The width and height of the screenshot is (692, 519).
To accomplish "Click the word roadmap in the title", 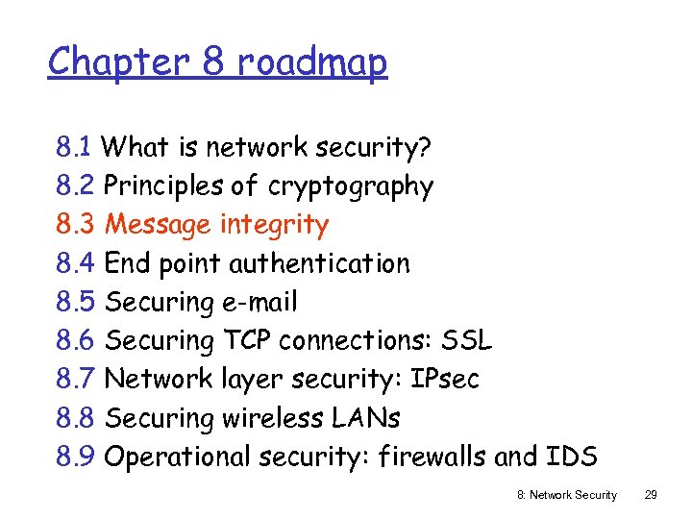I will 311,63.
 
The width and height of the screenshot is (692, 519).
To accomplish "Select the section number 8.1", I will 74,147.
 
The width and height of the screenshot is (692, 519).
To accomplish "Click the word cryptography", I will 351,186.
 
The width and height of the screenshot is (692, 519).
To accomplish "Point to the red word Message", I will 158,225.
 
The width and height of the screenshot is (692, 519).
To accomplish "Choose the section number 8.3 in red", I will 75,225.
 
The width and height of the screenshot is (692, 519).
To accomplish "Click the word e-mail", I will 259,302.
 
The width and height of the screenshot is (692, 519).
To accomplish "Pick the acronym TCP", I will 249,340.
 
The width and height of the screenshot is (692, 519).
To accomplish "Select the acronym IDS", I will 572,457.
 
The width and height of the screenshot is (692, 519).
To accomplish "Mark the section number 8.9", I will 75,457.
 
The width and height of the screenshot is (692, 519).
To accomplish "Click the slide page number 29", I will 651,495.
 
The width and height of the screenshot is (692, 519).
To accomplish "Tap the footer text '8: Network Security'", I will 567,495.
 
